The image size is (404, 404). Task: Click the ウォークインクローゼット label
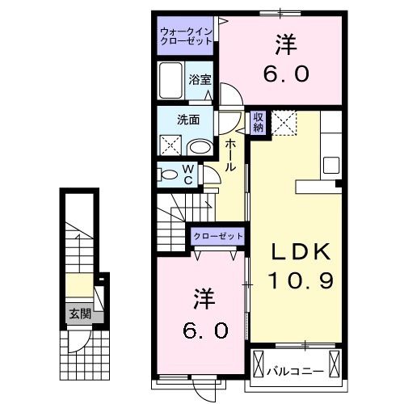point(186,36)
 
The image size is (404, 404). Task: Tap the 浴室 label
point(200,79)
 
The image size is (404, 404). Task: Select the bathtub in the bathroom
point(170,80)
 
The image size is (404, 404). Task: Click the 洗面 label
point(188,120)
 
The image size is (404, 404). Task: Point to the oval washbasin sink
point(200,147)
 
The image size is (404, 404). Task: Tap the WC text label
point(188,175)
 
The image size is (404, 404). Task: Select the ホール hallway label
point(230,155)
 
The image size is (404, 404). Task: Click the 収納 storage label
point(258,122)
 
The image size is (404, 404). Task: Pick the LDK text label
point(301,251)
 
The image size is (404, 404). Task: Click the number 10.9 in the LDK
point(301,280)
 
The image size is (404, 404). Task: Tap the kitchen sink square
point(331,165)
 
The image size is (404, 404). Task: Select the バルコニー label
point(295,372)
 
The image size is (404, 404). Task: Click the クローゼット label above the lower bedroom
point(218,236)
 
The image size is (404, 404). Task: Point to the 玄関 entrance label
point(80,314)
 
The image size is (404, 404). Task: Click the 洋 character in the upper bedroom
point(286,45)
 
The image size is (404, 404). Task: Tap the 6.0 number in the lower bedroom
point(205,330)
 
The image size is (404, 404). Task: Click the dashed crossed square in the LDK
point(284,123)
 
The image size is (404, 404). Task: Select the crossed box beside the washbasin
point(170,145)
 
